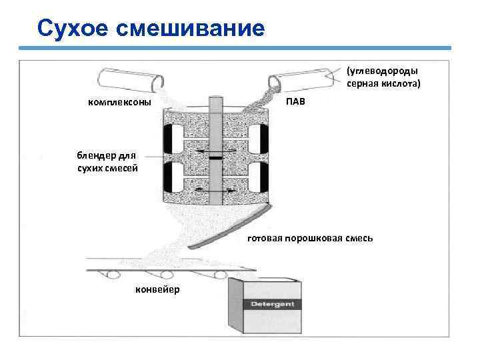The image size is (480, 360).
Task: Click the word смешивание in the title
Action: pos(189,28)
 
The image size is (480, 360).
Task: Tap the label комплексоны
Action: pos(119,102)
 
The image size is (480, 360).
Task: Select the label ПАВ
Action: pos(297,102)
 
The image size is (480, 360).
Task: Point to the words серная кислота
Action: pos(383,84)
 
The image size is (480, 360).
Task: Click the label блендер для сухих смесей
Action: pos(107,163)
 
